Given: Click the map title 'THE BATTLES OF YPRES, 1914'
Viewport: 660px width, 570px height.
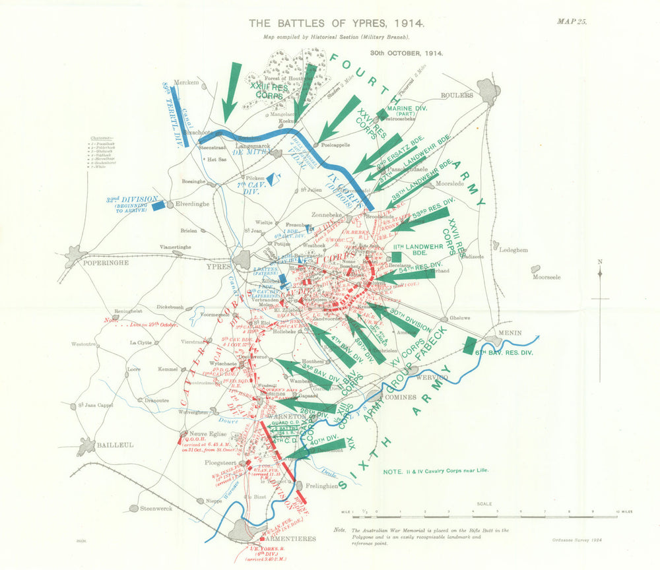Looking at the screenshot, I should point(337,23).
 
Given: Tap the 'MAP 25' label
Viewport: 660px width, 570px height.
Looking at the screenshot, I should point(571,21).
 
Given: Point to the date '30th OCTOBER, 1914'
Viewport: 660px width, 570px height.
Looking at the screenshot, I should point(406,52).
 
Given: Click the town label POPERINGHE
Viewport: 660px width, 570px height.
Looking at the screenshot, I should point(103,262).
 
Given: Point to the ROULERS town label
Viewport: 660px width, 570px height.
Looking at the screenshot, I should point(458,95).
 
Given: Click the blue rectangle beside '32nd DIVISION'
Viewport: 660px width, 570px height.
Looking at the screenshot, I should point(158,206).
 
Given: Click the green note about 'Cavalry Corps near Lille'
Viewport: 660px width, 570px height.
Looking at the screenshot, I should point(438,471).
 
